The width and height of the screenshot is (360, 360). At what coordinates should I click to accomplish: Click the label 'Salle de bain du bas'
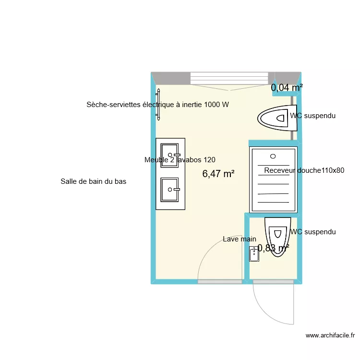pos(93,181)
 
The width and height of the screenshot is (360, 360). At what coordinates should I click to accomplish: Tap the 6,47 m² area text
pos(218,174)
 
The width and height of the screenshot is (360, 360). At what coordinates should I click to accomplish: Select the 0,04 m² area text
pos(287,88)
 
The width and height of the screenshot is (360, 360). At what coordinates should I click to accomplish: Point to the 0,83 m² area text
pos(274,248)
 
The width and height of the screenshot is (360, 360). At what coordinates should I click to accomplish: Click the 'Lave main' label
pos(240,239)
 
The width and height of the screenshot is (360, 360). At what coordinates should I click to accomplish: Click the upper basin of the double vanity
pos(170,155)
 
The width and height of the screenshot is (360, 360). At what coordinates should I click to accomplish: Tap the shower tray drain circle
pos(273,156)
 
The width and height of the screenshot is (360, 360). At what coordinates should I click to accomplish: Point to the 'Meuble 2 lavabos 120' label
pos(180,160)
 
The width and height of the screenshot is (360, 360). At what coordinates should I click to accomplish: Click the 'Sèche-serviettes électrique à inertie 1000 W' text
pos(158,105)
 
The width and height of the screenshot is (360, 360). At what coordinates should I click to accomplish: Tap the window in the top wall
pos(229,79)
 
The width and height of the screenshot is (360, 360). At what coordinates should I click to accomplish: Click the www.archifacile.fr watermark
pos(330,336)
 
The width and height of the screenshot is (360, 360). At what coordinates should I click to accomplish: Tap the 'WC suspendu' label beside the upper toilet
pos(312,116)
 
